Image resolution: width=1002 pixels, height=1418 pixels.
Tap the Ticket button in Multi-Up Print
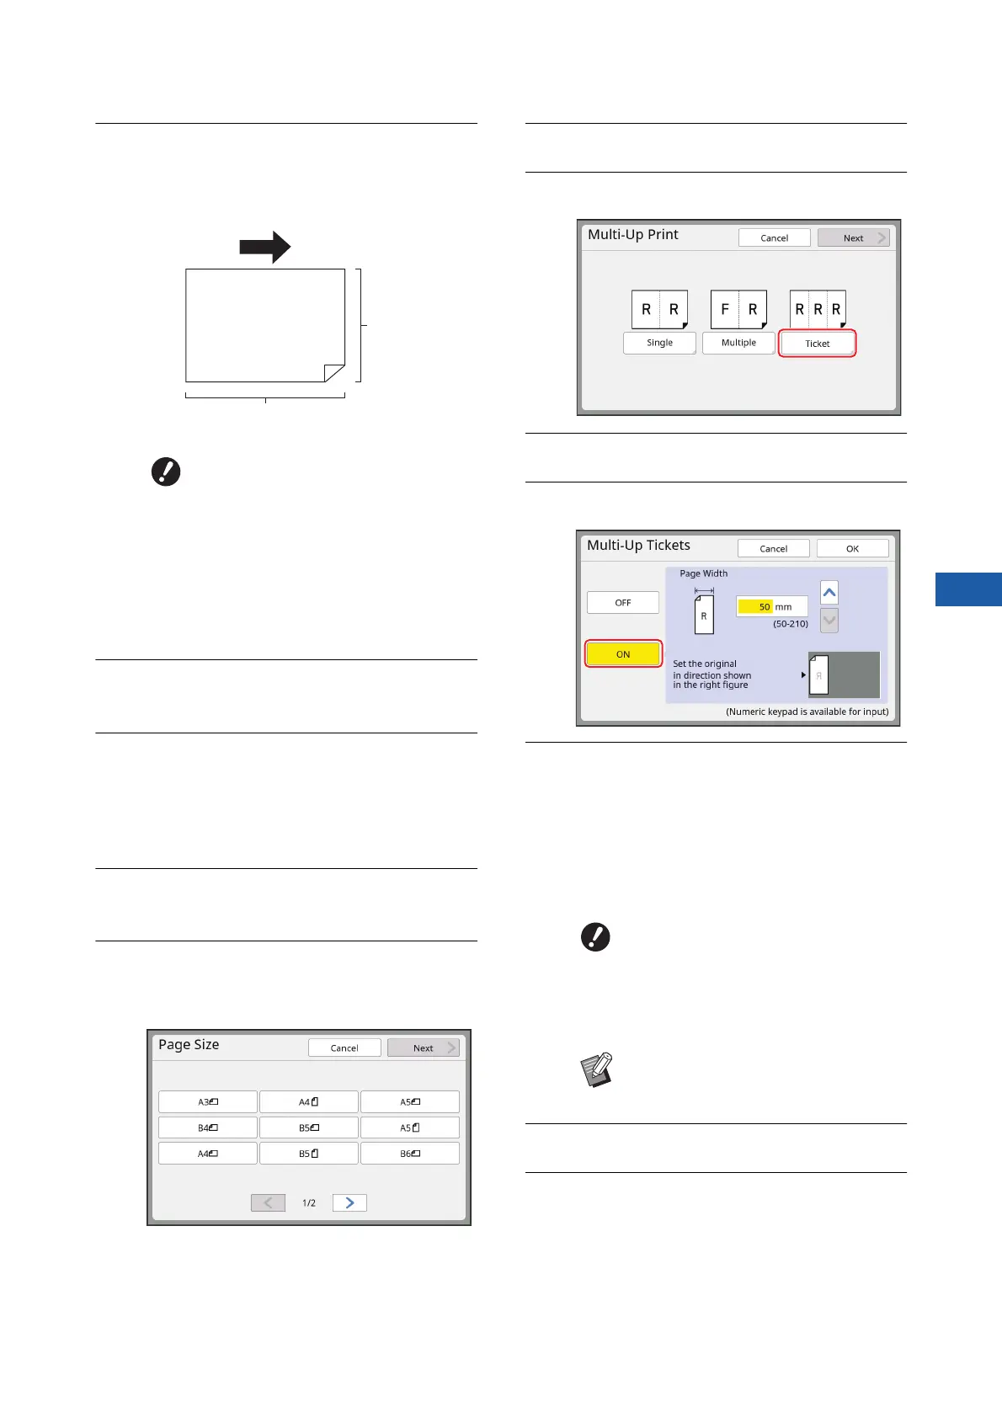pos(817,344)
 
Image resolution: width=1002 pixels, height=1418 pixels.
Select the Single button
pos(659,343)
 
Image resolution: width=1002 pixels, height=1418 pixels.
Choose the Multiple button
pos(738,343)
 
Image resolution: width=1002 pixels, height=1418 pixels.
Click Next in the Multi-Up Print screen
pos(853,238)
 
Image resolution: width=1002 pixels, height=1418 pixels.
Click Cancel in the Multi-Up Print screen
pos(774,238)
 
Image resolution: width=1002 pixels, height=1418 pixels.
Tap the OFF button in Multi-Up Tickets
pos(622,603)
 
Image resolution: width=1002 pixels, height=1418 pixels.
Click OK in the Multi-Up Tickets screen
pos(852,548)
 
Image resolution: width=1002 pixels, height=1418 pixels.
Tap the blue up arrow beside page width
pos(829,593)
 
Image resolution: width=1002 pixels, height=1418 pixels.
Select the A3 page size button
pos(208,1101)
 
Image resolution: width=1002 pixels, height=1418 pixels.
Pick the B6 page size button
pos(410,1154)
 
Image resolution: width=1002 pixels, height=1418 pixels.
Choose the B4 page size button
pos(208,1127)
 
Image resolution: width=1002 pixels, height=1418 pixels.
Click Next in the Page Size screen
pos(424,1048)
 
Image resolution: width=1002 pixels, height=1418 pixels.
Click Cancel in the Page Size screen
pos(344,1048)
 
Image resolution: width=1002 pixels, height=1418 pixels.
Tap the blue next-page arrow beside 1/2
pos(349,1202)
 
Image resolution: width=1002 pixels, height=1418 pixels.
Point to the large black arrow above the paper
pos(264,247)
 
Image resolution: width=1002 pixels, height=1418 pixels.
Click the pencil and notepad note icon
pos(597,1070)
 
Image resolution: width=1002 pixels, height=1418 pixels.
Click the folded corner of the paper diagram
pos(333,373)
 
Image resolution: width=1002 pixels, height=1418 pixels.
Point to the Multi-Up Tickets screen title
pos(638,546)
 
